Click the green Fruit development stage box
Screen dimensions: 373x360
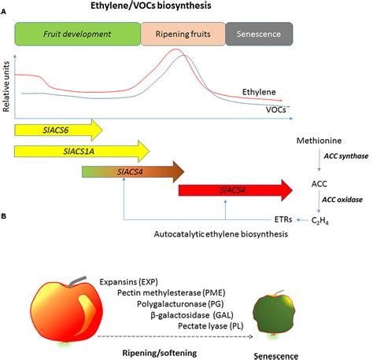pos(78,34)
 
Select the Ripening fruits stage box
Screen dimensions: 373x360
pos(183,34)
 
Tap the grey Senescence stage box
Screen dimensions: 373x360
pos(259,34)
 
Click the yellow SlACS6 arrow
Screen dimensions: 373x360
pos(58,130)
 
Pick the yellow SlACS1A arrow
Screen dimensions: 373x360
pos(82,151)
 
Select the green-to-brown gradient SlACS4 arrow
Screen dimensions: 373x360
pos(133,172)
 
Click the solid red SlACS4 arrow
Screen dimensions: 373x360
pos(235,190)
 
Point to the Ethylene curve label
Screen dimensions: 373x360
pos(259,92)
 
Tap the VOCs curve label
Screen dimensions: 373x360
pos(275,109)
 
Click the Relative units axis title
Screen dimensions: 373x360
pos(6,86)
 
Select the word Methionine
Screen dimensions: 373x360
pos(319,141)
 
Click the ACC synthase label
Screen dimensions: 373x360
pos(346,156)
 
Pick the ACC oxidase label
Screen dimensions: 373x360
pos(342,200)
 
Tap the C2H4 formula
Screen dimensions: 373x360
pos(320,221)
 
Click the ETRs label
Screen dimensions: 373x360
pos(283,219)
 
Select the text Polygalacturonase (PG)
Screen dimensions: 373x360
pos(180,304)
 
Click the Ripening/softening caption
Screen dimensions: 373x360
pos(160,353)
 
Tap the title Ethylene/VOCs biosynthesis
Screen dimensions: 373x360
pos(151,6)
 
